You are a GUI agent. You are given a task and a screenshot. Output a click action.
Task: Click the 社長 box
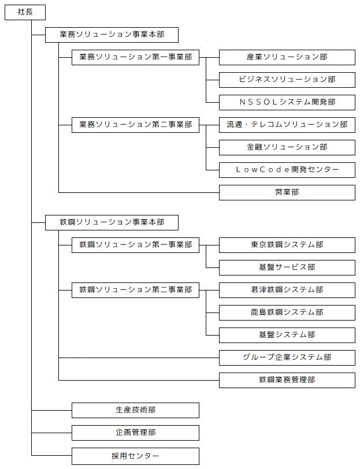(x=25, y=13)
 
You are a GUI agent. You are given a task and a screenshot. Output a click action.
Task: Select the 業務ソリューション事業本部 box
(x=112, y=35)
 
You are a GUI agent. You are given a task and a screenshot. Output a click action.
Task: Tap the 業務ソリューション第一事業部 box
(x=135, y=57)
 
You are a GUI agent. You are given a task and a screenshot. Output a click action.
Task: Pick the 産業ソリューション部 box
(x=287, y=57)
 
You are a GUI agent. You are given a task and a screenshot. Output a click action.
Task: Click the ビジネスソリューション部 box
(x=287, y=80)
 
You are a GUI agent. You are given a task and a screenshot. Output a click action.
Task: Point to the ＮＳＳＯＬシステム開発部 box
(x=287, y=103)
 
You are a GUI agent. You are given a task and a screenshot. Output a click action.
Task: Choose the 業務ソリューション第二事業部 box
(x=135, y=125)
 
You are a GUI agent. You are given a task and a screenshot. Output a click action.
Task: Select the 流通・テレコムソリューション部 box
(x=287, y=125)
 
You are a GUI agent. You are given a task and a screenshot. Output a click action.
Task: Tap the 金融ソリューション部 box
(x=287, y=147)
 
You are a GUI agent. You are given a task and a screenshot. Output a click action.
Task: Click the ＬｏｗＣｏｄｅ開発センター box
(x=287, y=170)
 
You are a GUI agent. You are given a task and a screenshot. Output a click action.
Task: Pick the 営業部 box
(x=287, y=193)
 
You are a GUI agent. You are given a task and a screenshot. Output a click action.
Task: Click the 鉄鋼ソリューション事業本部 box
(x=112, y=222)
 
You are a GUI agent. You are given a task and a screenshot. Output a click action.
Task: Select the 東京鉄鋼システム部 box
(x=287, y=245)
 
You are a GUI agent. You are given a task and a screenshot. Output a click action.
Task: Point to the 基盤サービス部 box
(x=287, y=267)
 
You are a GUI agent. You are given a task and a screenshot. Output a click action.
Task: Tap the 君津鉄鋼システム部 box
(x=287, y=290)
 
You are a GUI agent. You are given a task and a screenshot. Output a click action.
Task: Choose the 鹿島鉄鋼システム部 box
(x=287, y=313)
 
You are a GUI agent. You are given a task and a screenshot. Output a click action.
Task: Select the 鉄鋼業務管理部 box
(x=287, y=381)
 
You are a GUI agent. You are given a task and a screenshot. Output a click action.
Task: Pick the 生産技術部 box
(x=135, y=410)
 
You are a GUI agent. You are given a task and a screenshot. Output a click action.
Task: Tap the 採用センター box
(x=135, y=456)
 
